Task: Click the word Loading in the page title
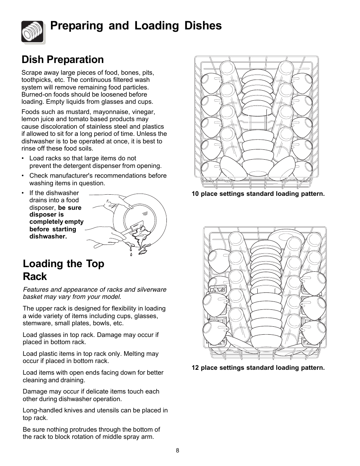click(x=157, y=26)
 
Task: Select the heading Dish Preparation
click(x=63, y=60)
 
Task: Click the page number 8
click(x=177, y=451)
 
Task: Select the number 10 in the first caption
click(x=195, y=194)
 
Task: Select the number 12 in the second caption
click(x=195, y=368)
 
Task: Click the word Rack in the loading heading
click(x=35, y=277)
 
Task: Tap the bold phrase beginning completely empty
click(x=56, y=222)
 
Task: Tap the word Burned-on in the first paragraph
click(x=36, y=95)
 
